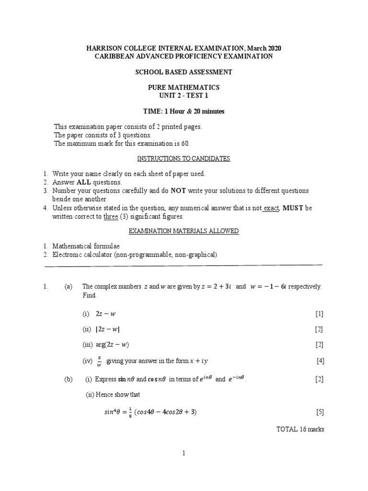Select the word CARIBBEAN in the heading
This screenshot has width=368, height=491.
[114, 56]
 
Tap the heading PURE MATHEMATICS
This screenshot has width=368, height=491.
[184, 87]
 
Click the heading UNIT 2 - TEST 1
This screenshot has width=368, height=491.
[184, 95]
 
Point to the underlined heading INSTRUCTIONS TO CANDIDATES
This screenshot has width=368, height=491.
[184, 159]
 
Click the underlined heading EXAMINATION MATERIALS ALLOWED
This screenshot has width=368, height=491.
[184, 231]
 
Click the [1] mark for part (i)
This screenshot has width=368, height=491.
[319, 314]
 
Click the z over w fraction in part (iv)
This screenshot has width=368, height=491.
[99, 360]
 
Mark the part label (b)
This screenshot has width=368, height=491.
[68, 379]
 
